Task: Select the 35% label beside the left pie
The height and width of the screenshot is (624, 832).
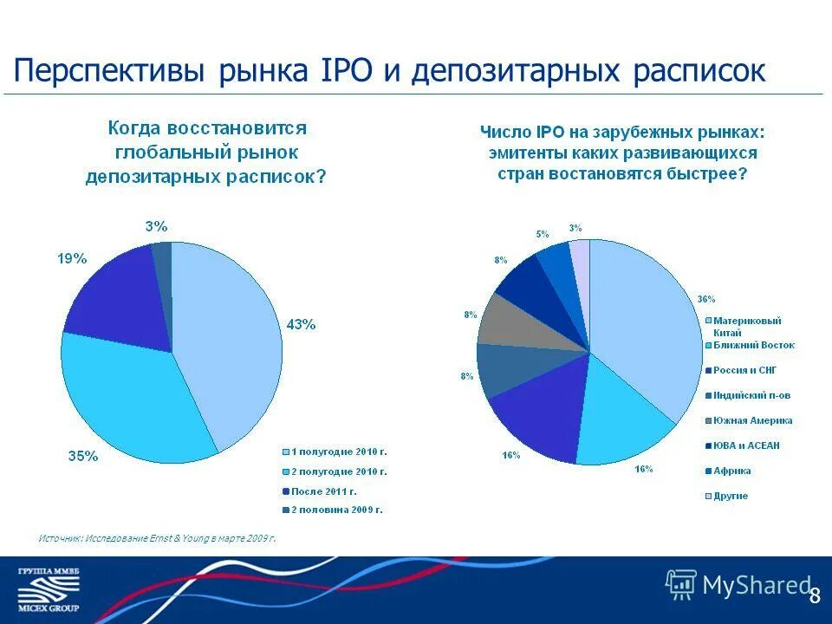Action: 83,457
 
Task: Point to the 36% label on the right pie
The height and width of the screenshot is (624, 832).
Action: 706,299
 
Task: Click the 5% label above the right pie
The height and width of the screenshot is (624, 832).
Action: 543,234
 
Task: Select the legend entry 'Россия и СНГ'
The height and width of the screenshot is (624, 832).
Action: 744,370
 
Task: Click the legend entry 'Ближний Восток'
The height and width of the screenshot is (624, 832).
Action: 753,345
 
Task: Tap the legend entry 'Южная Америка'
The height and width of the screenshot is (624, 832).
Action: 752,420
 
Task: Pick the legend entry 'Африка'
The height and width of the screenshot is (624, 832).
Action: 731,471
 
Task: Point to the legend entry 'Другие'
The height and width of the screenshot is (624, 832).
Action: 731,496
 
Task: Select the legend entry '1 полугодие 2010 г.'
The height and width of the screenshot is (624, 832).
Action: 338,452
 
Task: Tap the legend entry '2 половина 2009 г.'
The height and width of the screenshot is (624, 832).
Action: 336,510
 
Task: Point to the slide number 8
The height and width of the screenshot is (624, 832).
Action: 814,595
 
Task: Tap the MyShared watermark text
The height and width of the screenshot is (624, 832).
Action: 754,586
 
